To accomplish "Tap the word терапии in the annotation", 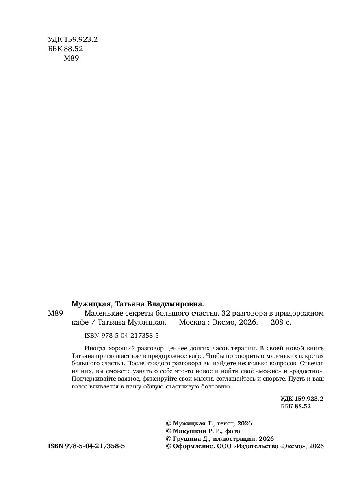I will (245, 348).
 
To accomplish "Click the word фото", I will (232, 431).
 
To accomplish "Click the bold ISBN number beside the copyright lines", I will (86, 446).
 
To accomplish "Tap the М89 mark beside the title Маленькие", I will (54, 314).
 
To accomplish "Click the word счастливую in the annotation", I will (180, 387).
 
